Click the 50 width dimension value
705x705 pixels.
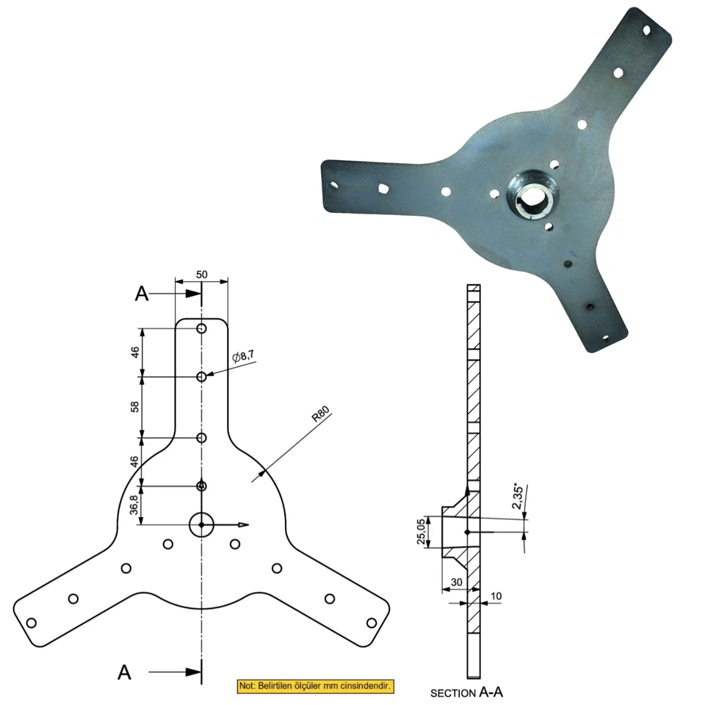click(202, 274)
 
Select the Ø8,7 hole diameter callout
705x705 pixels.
click(243, 356)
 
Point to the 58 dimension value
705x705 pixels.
click(135, 407)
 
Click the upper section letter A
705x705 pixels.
click(142, 294)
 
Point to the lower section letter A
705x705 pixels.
click(126, 671)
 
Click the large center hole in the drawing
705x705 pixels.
click(201, 524)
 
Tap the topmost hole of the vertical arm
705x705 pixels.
click(201, 328)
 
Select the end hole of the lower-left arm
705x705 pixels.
click(31, 623)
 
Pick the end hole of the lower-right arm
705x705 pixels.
click(372, 623)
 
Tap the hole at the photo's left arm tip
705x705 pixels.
click(334, 185)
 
